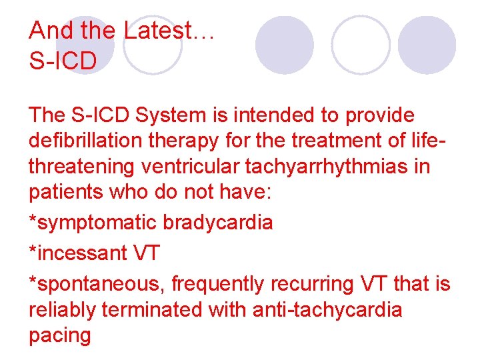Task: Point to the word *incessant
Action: tap(78, 253)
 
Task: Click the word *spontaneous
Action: tap(97, 284)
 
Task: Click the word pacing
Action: tap(60, 335)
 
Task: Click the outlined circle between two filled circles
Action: tap(361, 45)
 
